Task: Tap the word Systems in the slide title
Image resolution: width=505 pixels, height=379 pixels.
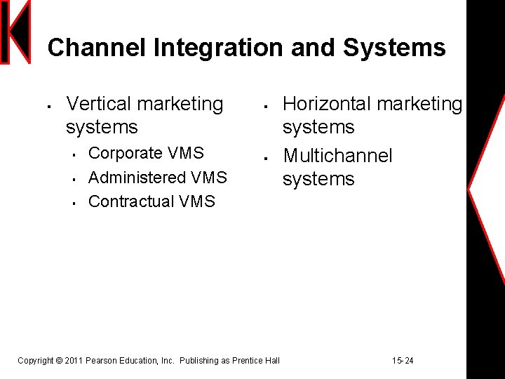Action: coord(394,48)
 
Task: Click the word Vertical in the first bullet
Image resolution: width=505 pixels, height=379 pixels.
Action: coord(99,104)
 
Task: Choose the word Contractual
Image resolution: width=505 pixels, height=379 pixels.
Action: coord(131,201)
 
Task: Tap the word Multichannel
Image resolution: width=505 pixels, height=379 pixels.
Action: coord(337,155)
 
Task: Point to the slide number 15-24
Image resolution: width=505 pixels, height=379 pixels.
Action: coord(403,361)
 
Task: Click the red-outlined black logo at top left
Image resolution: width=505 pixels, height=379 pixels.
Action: coord(16,32)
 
